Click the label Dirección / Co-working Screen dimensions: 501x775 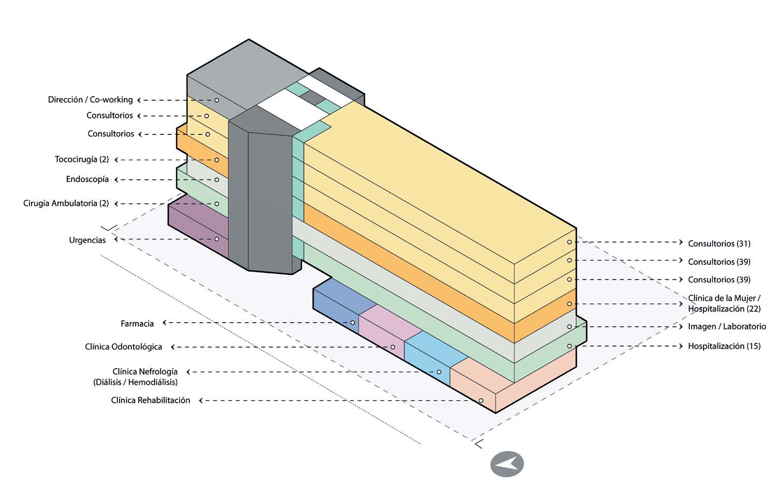tap(90, 100)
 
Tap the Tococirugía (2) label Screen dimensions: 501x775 tap(82, 159)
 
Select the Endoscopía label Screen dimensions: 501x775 tap(87, 179)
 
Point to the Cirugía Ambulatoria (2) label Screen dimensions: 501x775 tap(66, 203)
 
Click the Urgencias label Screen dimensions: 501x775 tap(87, 240)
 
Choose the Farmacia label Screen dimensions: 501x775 tap(137, 324)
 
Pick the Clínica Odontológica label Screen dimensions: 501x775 tap(123, 347)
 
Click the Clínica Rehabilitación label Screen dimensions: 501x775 tap(150, 400)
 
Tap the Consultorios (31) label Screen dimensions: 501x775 tap(719, 244)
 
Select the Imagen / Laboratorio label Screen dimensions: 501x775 tap(726, 327)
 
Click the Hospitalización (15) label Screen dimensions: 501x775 tap(724, 346)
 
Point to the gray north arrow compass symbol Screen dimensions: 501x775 tap(507, 464)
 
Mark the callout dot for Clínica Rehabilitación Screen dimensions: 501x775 tap(481, 401)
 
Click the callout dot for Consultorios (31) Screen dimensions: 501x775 tap(569, 242)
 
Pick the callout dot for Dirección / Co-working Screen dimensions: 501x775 tap(217, 100)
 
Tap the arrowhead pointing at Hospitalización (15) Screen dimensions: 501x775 tap(681, 346)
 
